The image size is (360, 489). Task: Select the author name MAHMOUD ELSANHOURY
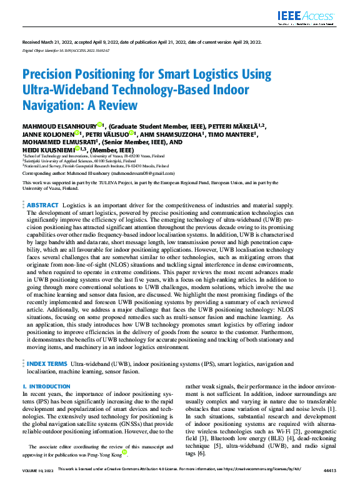pyautogui.click(x=59, y=126)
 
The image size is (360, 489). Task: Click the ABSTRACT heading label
pyautogui.click(x=42, y=205)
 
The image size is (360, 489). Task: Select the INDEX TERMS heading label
pyautogui.click(x=47, y=363)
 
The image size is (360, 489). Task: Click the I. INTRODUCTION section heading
pyautogui.click(x=46, y=387)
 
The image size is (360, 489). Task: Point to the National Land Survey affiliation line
pyautogui.click(x=87, y=165)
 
